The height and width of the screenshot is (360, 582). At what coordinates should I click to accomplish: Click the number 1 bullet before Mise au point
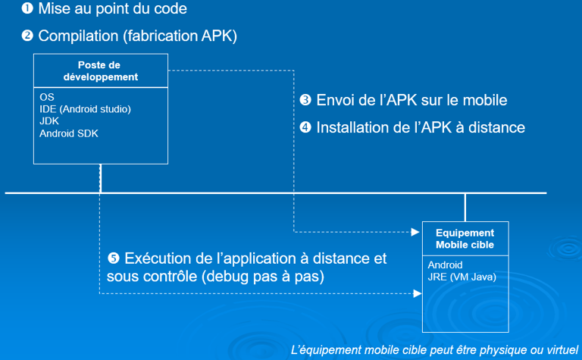click(27, 8)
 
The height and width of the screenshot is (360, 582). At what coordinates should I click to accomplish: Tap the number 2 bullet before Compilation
click(27, 36)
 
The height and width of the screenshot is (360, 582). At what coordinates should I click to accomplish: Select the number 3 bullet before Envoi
click(305, 100)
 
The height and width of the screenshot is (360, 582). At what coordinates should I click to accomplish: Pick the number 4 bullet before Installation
click(305, 127)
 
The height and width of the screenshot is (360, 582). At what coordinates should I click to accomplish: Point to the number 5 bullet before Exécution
click(113, 258)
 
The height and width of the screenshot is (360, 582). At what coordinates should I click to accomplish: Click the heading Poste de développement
click(100, 71)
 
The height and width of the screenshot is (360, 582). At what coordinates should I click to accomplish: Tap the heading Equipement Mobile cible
click(465, 239)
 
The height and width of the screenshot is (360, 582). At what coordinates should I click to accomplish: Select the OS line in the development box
click(47, 97)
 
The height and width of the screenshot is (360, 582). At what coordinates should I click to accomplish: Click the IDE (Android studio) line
click(85, 109)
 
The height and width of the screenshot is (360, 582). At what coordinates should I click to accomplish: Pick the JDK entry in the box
click(49, 121)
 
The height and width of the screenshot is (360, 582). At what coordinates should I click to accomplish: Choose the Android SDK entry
click(69, 133)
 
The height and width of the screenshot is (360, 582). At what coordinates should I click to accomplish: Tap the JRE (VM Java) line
click(462, 277)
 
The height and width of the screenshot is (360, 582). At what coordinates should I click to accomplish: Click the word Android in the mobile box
click(445, 265)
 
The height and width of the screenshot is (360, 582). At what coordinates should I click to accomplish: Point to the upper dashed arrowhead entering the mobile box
click(415, 232)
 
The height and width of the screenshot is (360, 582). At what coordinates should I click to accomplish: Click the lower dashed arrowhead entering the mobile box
click(418, 293)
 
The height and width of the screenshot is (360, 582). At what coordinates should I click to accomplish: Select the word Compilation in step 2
click(78, 36)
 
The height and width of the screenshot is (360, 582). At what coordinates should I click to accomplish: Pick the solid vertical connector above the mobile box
click(465, 208)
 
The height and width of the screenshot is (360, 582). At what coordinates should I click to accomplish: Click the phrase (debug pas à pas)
click(263, 277)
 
